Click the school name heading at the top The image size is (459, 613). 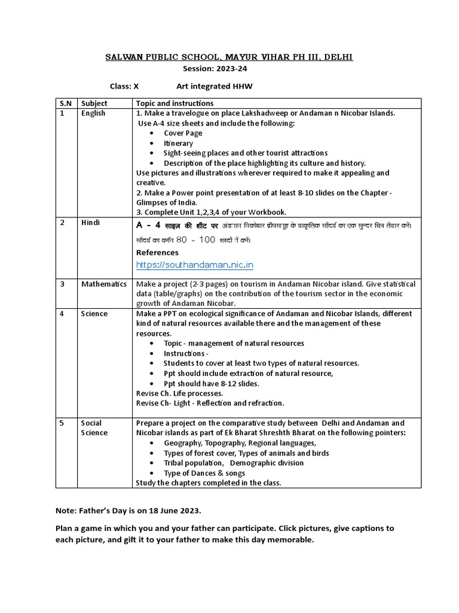pyautogui.click(x=229, y=57)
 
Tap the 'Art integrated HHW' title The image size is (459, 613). pyautogui.click(x=214, y=87)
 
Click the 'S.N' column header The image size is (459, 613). pyautogui.click(x=65, y=104)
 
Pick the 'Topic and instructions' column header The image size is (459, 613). pyautogui.click(x=175, y=104)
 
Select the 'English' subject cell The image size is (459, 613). pyautogui.click(x=93, y=113)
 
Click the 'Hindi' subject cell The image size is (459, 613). pyautogui.click(x=90, y=223)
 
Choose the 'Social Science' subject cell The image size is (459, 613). pyautogui.click(x=94, y=427)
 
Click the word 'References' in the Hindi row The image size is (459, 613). pyautogui.click(x=157, y=253)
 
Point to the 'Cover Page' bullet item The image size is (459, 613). pyautogui.click(x=183, y=133)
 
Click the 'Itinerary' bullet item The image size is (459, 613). pyautogui.click(x=178, y=143)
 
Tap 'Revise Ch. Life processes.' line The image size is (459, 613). pyautogui.click(x=180, y=393)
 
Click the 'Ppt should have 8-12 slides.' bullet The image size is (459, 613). pyautogui.click(x=211, y=383)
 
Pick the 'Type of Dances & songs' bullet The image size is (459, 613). pyautogui.click(x=204, y=473)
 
